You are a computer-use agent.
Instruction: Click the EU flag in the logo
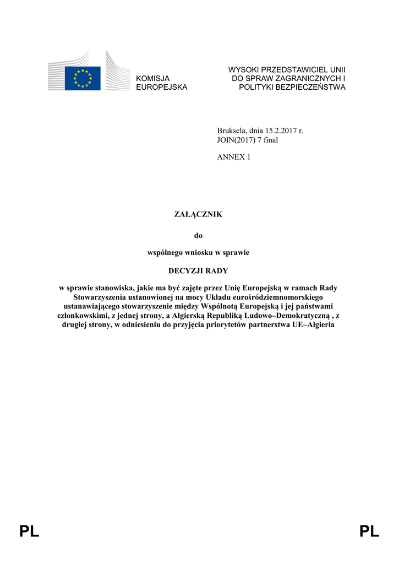(83, 78)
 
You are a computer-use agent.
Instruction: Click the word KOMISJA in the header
(153, 79)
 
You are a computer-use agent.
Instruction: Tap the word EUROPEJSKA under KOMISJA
(162, 88)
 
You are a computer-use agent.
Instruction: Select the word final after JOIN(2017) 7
(270, 140)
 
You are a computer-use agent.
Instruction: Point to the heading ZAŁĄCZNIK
(198, 214)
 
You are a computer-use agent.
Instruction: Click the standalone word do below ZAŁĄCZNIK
(199, 236)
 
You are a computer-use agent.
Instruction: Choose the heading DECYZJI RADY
(198, 271)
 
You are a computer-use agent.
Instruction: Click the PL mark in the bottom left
(29, 532)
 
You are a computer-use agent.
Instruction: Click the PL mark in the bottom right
(369, 532)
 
